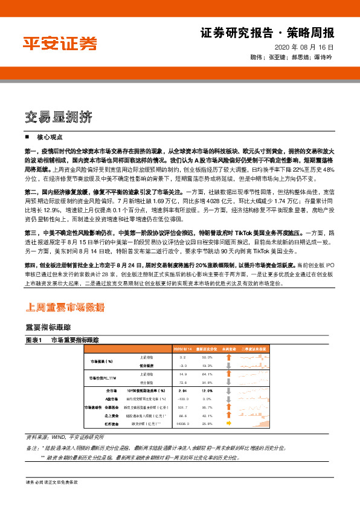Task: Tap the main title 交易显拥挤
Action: pos(59,116)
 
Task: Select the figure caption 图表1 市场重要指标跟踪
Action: pos(66,340)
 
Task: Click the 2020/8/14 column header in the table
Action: pos(183,349)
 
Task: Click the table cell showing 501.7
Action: pos(183,408)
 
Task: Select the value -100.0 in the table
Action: pos(183,400)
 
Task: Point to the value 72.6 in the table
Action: pos(183,383)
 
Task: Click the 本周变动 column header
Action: pos(229,349)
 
